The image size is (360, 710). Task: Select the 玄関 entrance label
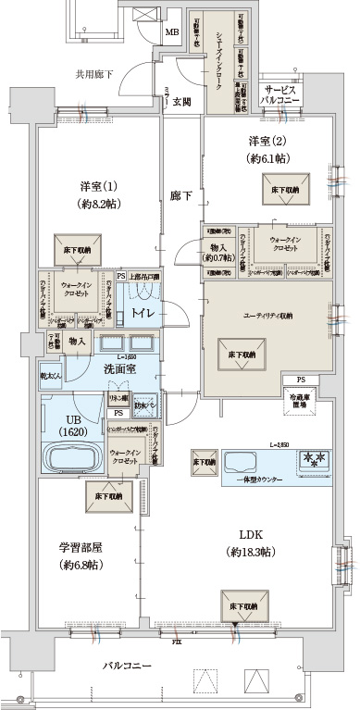181,102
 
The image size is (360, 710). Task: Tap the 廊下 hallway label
180,196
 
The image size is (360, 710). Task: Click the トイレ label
143,314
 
